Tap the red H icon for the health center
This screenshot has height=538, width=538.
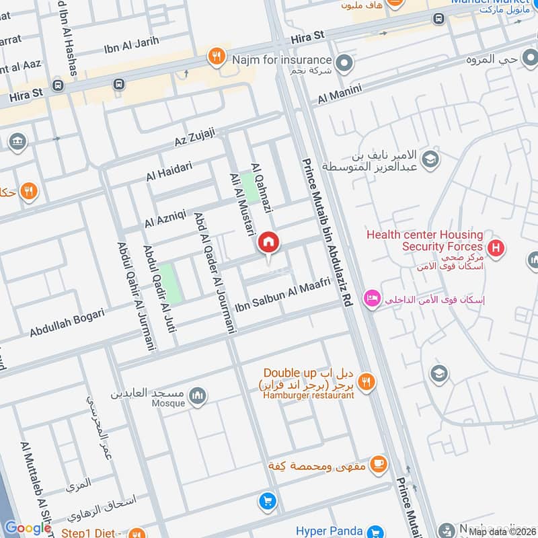tap(496, 249)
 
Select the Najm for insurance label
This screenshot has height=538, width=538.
tap(282, 61)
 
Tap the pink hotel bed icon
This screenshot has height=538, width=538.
tap(371, 297)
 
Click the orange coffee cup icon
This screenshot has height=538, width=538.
tap(379, 463)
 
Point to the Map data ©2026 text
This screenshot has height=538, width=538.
tap(502, 531)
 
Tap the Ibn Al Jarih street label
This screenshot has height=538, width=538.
tap(131, 42)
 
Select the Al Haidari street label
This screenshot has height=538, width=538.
tap(169, 171)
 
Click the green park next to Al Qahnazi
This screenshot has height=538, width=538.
tap(250, 188)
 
